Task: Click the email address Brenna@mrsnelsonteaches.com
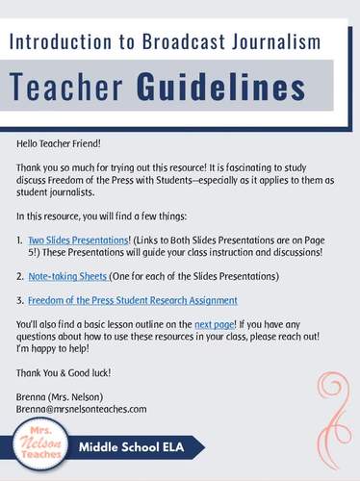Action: [x=81, y=408]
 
